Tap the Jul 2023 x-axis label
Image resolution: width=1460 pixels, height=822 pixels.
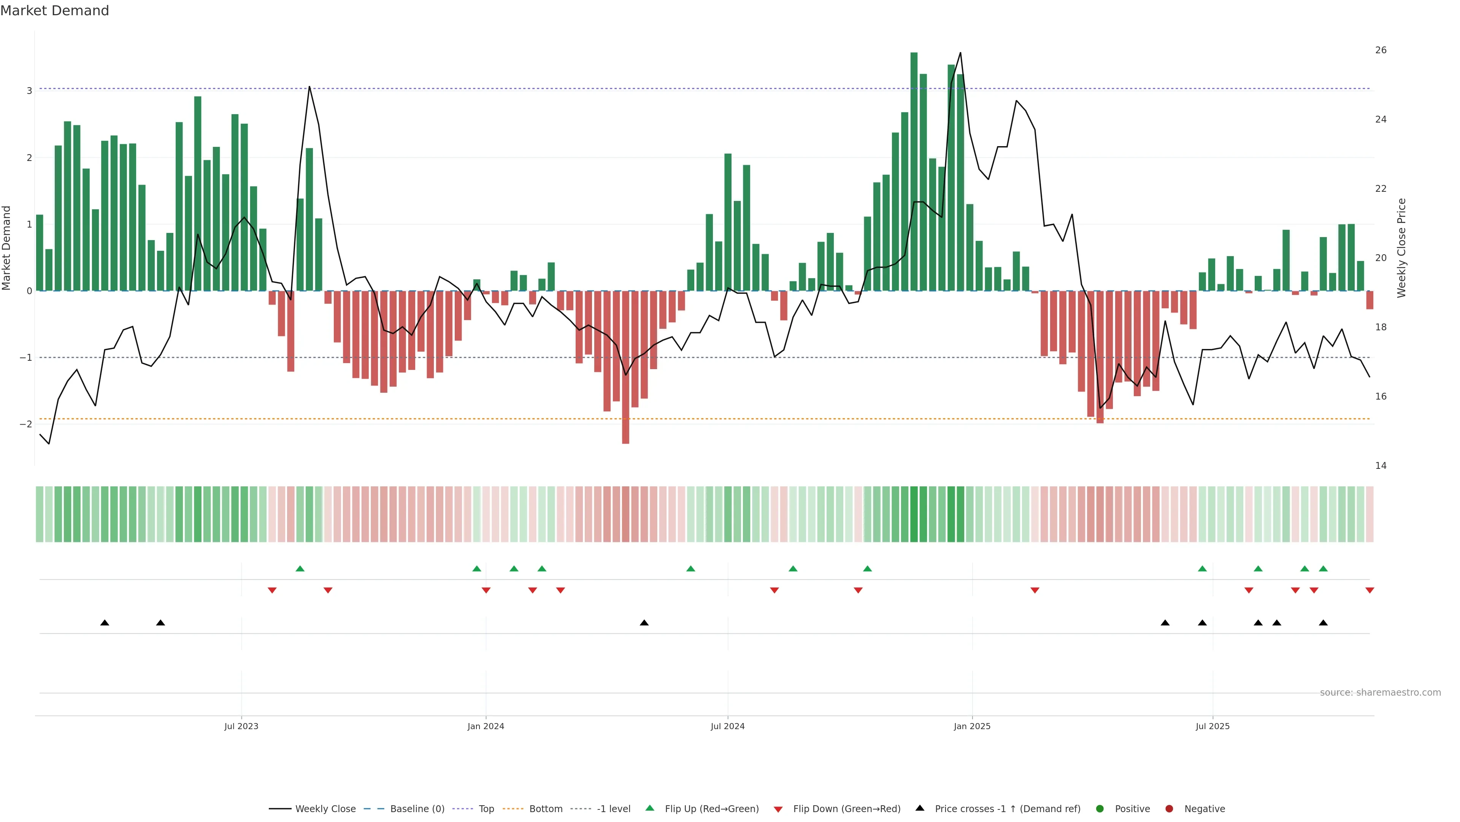pos(241,726)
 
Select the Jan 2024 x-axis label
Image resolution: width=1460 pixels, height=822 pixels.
pos(486,726)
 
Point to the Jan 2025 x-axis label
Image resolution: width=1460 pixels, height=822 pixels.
pos(972,726)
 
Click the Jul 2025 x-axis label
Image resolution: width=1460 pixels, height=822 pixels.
pos(1212,726)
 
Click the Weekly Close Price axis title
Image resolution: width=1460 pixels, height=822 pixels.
pos(1401,248)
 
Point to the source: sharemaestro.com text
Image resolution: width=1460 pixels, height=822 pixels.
pos(1380,693)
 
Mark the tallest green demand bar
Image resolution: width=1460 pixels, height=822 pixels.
pos(914,170)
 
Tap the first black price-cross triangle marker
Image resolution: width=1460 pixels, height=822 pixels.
pos(105,623)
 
